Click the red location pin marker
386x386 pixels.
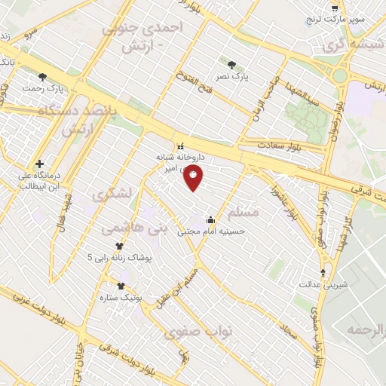(x=194, y=178)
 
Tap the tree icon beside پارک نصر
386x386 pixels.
(x=231, y=64)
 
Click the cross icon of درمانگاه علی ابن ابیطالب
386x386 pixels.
(x=39, y=164)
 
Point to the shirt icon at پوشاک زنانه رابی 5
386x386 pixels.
(x=119, y=246)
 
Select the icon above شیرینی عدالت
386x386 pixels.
(x=324, y=272)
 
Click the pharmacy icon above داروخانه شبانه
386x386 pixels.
(x=179, y=146)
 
